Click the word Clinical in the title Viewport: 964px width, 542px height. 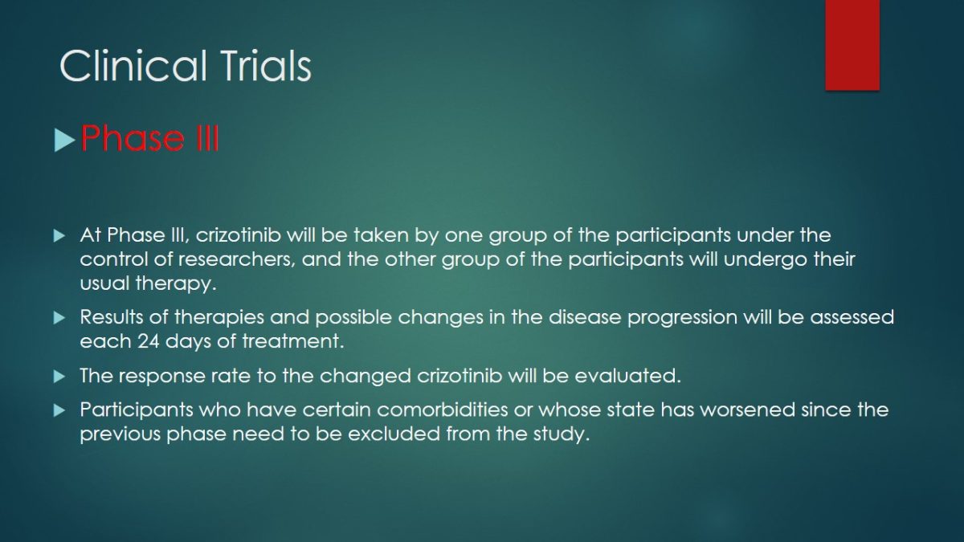pos(133,65)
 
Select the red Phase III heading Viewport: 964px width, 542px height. pos(149,138)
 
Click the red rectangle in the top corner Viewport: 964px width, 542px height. pos(852,45)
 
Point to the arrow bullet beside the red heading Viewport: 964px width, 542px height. pos(64,141)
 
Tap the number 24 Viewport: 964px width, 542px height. pos(148,341)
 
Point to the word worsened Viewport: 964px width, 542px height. pos(748,410)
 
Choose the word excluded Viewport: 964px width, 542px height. pos(394,434)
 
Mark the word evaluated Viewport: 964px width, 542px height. pos(628,376)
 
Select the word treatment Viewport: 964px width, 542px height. pos(293,341)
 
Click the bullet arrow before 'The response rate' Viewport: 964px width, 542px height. pos(59,377)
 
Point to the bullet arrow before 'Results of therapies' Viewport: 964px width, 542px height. pos(59,318)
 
